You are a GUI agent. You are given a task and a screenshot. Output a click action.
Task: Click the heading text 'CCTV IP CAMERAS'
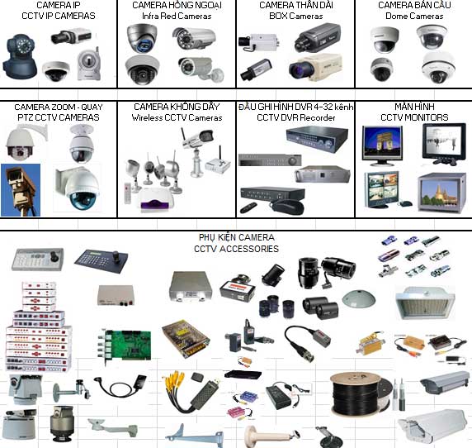pos(59,16)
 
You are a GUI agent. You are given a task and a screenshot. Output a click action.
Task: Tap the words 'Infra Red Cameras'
pos(177,16)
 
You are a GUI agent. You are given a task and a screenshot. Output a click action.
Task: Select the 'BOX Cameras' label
pos(296,16)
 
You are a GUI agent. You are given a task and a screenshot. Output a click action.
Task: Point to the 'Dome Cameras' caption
pos(414,16)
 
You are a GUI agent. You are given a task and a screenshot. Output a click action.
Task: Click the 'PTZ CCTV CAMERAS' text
pos(59,117)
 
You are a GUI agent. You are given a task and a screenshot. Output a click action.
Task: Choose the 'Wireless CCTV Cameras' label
pos(177,117)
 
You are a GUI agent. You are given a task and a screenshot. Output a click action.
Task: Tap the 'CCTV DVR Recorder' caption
pos(296,117)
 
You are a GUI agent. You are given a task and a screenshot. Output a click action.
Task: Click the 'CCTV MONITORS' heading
pos(414,117)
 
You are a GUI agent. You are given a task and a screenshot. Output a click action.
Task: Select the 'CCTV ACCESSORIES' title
pos(236,249)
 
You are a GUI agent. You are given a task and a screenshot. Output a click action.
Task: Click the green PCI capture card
pos(125,346)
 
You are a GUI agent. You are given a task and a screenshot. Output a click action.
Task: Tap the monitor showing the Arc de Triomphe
pos(382,145)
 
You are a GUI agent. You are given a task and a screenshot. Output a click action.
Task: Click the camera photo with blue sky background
pos(21,190)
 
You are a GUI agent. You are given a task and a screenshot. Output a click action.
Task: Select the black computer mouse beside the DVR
pos(287,207)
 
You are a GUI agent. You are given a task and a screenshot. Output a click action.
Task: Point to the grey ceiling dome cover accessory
pos(358,298)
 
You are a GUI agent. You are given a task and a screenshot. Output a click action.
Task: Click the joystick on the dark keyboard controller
pos(116,256)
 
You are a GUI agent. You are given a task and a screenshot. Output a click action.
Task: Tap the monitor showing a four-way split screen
pos(381,190)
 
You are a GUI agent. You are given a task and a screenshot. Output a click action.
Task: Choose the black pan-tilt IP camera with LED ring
pos(20,56)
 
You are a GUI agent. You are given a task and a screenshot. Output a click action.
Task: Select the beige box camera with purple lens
pos(315,67)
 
